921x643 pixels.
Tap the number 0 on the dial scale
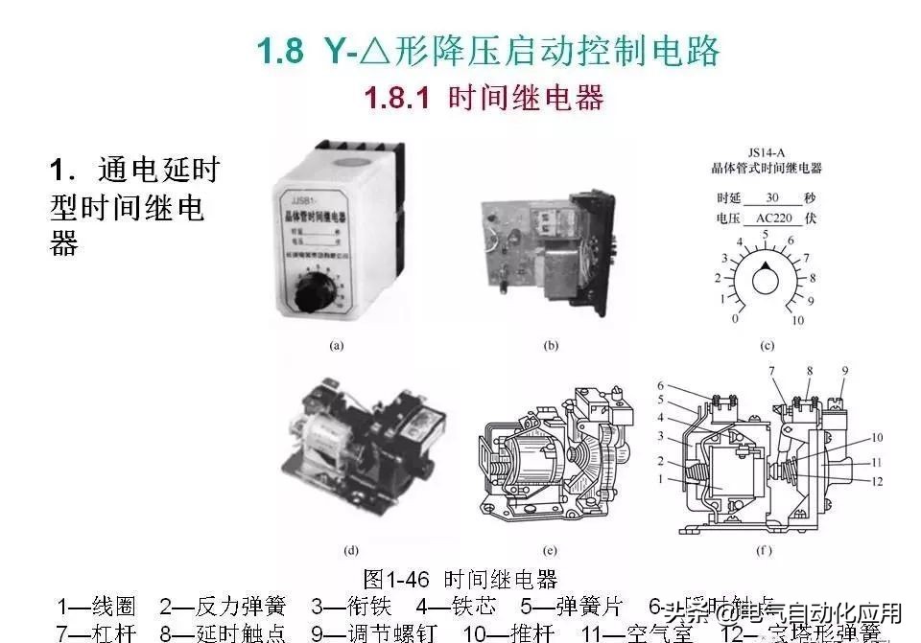(735, 318)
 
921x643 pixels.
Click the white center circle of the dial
(766, 281)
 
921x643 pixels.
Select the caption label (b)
(551, 344)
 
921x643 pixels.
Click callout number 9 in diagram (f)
(844, 370)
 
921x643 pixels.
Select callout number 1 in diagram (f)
(661, 477)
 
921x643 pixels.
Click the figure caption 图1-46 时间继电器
(460, 579)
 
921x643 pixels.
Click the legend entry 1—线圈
(97, 607)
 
